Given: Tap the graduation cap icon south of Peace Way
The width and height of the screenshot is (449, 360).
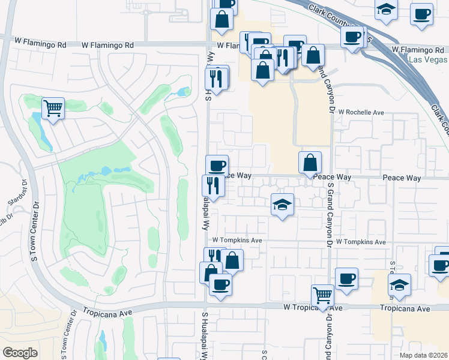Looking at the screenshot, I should [282, 205].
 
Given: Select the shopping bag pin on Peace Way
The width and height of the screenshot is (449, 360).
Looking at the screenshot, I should [310, 163].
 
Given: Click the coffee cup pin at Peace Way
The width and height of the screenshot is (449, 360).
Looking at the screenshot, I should [217, 166].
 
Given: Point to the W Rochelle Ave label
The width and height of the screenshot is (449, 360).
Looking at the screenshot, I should [361, 112].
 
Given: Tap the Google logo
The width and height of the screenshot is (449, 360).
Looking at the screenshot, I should [20, 353].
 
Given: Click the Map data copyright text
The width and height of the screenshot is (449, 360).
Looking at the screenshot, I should [423, 355].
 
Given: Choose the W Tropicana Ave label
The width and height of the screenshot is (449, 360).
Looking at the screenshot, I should [313, 308].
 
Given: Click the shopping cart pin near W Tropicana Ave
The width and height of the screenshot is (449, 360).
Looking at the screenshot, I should [323, 295].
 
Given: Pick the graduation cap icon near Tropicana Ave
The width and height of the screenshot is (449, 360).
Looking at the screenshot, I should [399, 284].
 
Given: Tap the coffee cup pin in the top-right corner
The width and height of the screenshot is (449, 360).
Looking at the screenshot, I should [421, 14].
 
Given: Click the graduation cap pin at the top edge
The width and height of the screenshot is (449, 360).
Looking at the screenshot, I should [386, 10].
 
